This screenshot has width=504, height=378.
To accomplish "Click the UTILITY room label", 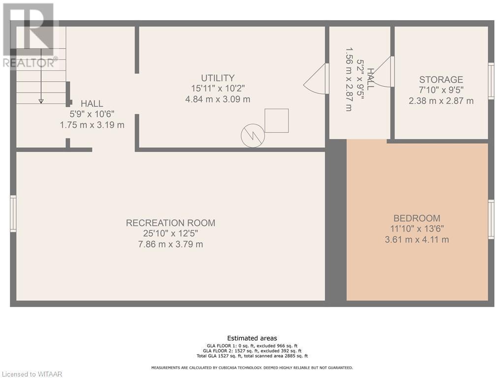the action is point(218,78).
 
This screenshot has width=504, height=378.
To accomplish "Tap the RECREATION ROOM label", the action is point(171,223).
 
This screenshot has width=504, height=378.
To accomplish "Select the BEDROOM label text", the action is point(417,218).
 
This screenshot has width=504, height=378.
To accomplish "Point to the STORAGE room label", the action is point(441,79).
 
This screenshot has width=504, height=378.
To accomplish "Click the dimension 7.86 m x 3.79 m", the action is point(171,244).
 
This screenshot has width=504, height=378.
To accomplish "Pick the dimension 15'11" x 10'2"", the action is point(218,89).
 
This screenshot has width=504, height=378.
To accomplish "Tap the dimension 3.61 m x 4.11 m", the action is point(417,240).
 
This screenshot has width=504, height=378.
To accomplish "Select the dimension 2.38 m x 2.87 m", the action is point(441,101).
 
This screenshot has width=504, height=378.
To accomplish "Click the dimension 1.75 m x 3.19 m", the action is point(92,125).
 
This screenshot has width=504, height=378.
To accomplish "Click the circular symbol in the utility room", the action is point(253,136).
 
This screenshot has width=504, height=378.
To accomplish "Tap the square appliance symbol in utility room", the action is point(277,121).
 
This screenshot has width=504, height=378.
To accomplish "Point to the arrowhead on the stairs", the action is point(41,101).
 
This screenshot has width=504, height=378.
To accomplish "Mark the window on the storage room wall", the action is point(491,81).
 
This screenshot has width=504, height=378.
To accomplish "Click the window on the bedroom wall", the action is point(491,219).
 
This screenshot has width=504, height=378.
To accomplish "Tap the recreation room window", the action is point(13,214).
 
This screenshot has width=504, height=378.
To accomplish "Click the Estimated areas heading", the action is point(252,338).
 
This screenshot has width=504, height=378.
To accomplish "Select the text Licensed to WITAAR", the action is point(31,374).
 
